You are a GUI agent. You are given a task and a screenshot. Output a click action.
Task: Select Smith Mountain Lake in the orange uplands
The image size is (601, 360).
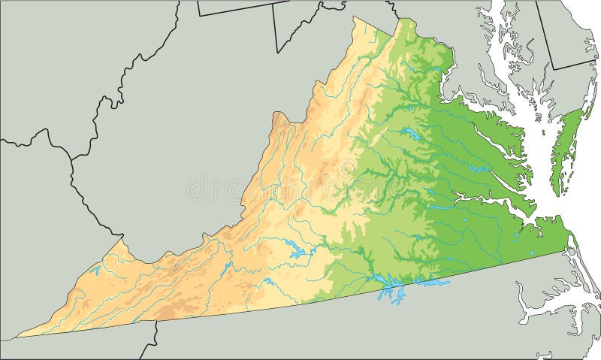[x=299, y=251]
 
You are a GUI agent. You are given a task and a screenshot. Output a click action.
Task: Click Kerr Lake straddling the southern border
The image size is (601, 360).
[x=390, y=286]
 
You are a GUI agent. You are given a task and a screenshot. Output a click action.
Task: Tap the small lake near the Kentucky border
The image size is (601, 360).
[x=95, y=268]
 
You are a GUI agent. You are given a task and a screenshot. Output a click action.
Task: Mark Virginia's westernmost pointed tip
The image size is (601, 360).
[x=18, y=336]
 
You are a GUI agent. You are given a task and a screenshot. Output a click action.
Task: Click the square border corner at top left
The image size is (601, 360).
[x=198, y=14]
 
